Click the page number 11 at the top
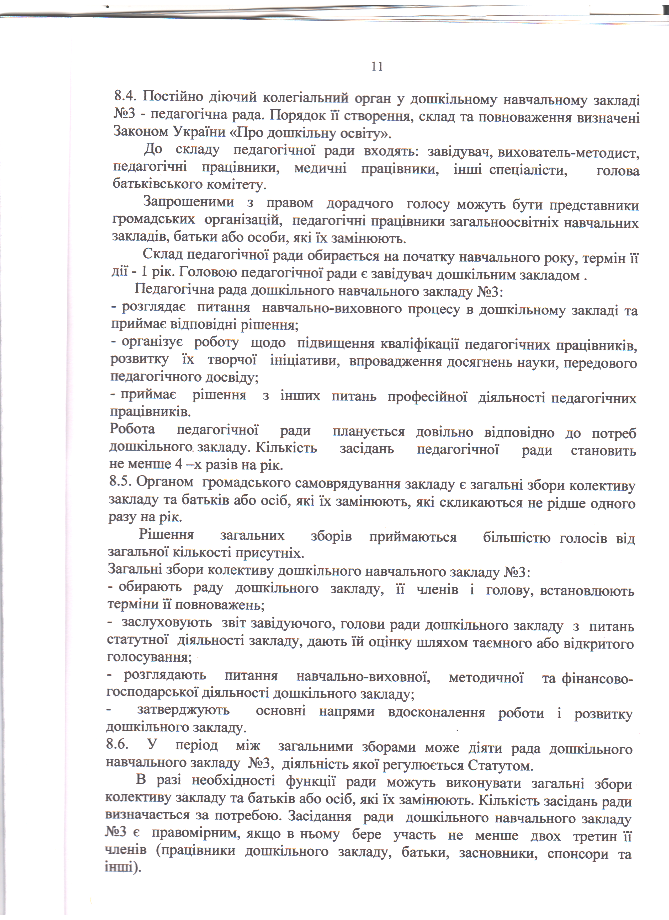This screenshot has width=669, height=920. click(x=377, y=67)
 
